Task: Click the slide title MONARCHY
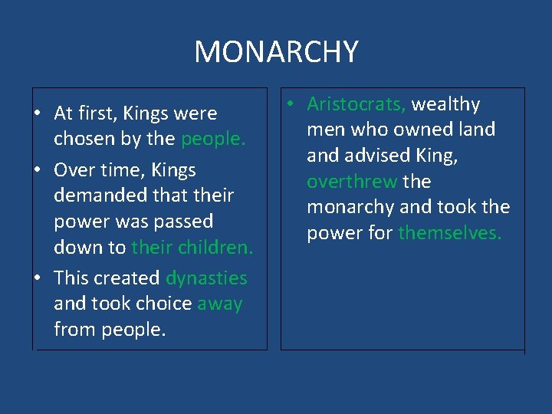(276, 52)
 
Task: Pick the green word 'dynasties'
(206, 278)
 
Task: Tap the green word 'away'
(220, 304)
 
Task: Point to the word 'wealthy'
(447, 104)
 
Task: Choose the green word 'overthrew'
(352, 182)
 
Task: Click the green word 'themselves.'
(450, 233)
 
